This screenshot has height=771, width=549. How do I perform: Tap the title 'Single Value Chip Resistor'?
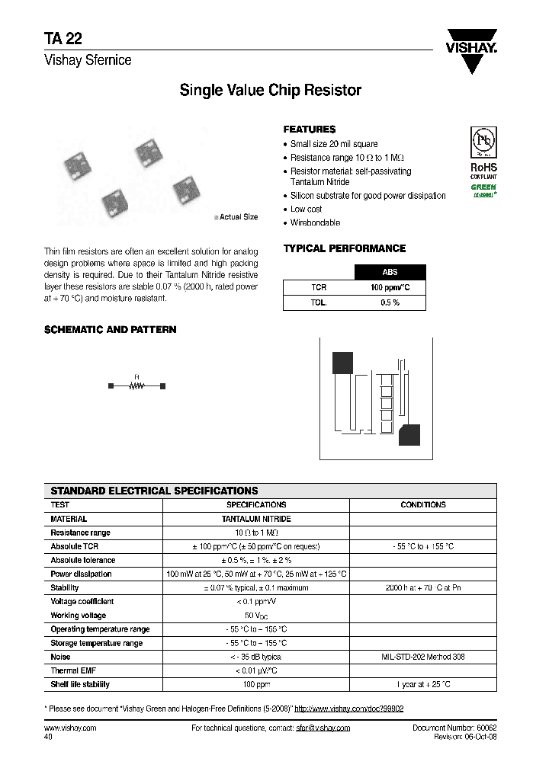[270, 91]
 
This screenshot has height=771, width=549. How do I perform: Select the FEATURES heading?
[309, 130]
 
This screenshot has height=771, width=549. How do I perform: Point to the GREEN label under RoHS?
[483, 187]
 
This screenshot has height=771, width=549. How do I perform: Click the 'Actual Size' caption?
[238, 217]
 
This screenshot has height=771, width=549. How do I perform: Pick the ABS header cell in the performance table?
[390, 272]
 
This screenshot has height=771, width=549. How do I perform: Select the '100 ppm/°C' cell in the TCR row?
[390, 287]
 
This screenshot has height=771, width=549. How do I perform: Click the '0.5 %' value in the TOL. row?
[390, 302]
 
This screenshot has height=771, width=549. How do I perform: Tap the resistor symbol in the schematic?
[137, 386]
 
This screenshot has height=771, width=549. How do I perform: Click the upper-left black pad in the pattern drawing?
[342, 363]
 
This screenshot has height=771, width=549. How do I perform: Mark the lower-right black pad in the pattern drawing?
[409, 434]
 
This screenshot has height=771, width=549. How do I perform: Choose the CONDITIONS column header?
[422, 504]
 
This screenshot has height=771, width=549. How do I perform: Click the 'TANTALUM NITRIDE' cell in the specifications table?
[256, 519]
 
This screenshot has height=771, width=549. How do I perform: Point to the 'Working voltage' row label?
[79, 616]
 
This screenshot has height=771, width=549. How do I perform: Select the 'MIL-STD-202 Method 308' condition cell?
[422, 657]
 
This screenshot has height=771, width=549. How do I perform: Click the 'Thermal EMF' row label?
[75, 670]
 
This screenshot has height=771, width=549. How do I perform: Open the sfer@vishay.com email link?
[323, 728]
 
